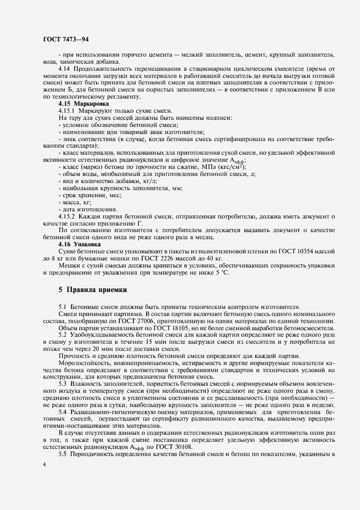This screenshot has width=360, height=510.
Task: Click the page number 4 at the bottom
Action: pos(44,464)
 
